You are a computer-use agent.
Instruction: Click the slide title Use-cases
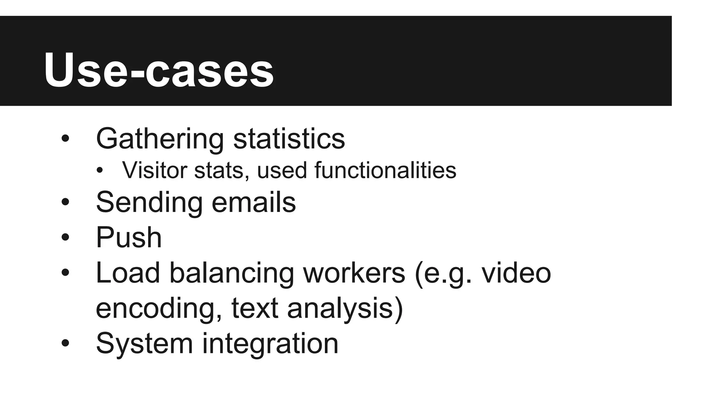click(x=159, y=71)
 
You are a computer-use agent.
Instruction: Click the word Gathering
click(x=160, y=139)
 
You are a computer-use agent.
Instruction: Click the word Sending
click(x=149, y=203)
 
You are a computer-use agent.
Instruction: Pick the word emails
click(x=254, y=203)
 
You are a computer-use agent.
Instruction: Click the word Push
click(x=129, y=237)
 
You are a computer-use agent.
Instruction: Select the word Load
click(x=128, y=273)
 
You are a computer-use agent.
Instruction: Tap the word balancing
click(x=231, y=273)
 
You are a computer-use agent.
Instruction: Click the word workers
click(x=354, y=273)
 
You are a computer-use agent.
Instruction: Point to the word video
click(x=516, y=273)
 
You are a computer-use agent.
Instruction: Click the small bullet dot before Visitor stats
click(x=100, y=170)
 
